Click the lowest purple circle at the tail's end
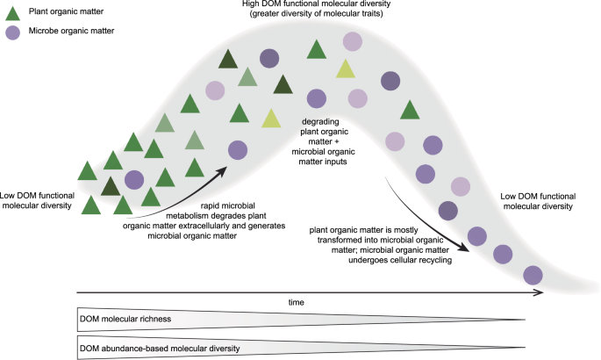[x=532, y=275]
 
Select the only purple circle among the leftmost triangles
[x=133, y=180]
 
